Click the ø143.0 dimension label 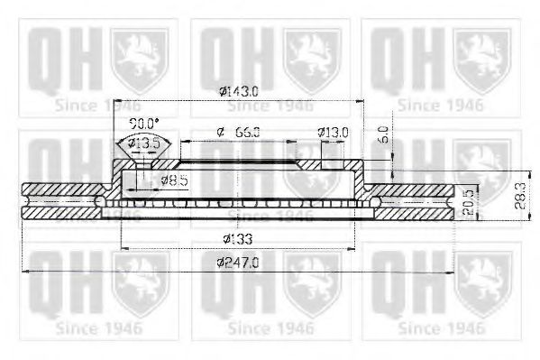coord(238,91)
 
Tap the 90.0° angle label coord(142,123)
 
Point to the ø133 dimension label coord(236,239)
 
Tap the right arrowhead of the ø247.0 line coord(451,270)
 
